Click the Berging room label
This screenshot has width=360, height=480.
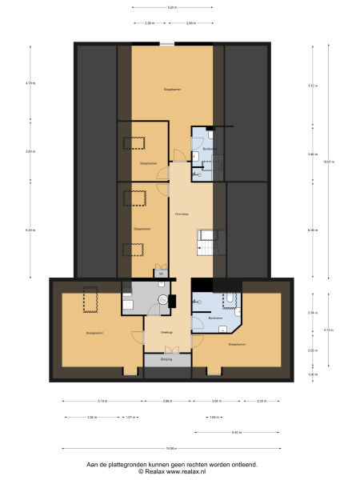[x=166, y=360]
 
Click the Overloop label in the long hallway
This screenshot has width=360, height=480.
[x=182, y=214]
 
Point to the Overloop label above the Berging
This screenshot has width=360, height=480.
[x=166, y=332]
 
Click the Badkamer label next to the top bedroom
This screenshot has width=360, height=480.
[x=209, y=149]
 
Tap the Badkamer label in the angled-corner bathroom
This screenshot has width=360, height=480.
[x=214, y=318]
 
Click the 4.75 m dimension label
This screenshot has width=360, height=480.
[x=30, y=83]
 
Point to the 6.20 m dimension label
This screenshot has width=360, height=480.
[x=30, y=230]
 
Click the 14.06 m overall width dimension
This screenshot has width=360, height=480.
[x=171, y=447]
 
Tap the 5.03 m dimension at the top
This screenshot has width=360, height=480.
[x=172, y=7]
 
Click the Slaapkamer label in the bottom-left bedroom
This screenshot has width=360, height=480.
[x=94, y=332]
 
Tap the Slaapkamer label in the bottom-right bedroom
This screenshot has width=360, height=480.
[x=237, y=345]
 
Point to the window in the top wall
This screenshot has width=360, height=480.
[x=166, y=43]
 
